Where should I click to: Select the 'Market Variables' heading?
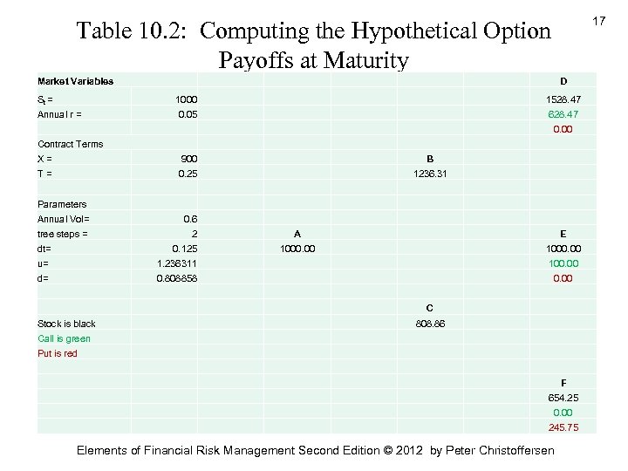point(75,81)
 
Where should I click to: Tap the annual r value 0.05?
point(188,114)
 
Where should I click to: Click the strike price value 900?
point(188,160)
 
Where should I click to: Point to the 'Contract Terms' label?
point(70,144)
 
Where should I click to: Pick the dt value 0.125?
point(186,249)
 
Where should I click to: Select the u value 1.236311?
point(178,263)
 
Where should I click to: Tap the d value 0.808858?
point(177,278)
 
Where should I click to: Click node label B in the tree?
point(429,160)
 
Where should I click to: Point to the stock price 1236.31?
point(429,174)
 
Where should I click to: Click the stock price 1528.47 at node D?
point(563,99)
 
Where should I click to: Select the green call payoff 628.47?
point(563,114)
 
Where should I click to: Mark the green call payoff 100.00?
point(563,263)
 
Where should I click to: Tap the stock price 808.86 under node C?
point(429,324)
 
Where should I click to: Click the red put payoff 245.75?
point(563,427)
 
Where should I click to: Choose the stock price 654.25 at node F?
point(563,398)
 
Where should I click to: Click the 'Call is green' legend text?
point(64,338)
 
